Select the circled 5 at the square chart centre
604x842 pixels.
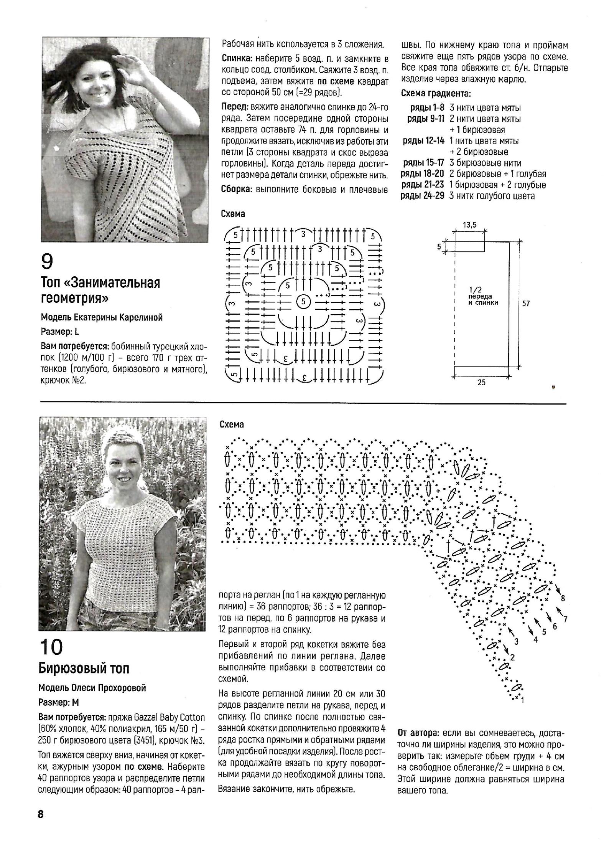[x=303, y=302]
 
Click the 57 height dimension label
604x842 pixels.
[x=526, y=304]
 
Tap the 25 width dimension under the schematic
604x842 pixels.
[x=482, y=382]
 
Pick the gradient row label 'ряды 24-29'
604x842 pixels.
[x=423, y=196]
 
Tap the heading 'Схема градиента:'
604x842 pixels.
[x=436, y=93]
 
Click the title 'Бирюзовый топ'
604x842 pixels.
[x=84, y=669]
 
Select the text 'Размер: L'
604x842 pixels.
[x=60, y=332]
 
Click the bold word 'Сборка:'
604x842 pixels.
[x=237, y=190]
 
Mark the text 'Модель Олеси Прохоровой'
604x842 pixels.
[x=92, y=688]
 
